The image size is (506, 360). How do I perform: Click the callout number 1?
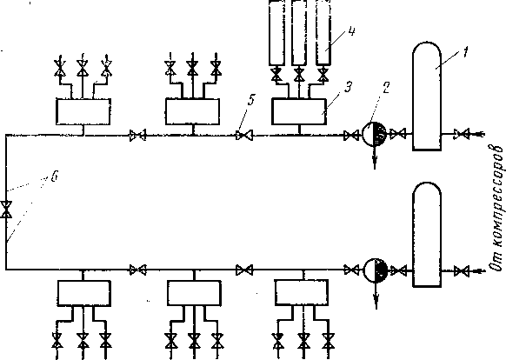[464, 52]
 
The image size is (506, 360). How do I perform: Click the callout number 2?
[386, 88]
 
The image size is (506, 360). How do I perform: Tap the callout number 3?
[348, 87]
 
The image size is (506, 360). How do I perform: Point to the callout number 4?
[351, 31]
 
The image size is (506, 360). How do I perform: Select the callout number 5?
[250, 100]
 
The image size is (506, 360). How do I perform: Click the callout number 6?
[55, 177]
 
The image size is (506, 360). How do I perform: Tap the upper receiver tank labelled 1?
[427, 96]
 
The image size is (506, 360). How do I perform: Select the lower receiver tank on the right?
[427, 235]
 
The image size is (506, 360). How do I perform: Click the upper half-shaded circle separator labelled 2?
[374, 134]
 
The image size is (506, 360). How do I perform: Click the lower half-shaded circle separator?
[376, 270]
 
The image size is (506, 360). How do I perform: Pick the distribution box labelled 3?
[299, 111]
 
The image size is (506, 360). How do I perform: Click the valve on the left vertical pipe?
[6, 210]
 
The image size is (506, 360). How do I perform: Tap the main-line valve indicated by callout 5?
[244, 136]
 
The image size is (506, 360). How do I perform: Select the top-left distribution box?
[83, 111]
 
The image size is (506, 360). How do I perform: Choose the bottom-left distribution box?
[84, 293]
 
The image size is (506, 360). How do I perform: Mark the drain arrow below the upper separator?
[375, 157]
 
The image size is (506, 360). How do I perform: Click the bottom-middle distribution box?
[194, 293]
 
